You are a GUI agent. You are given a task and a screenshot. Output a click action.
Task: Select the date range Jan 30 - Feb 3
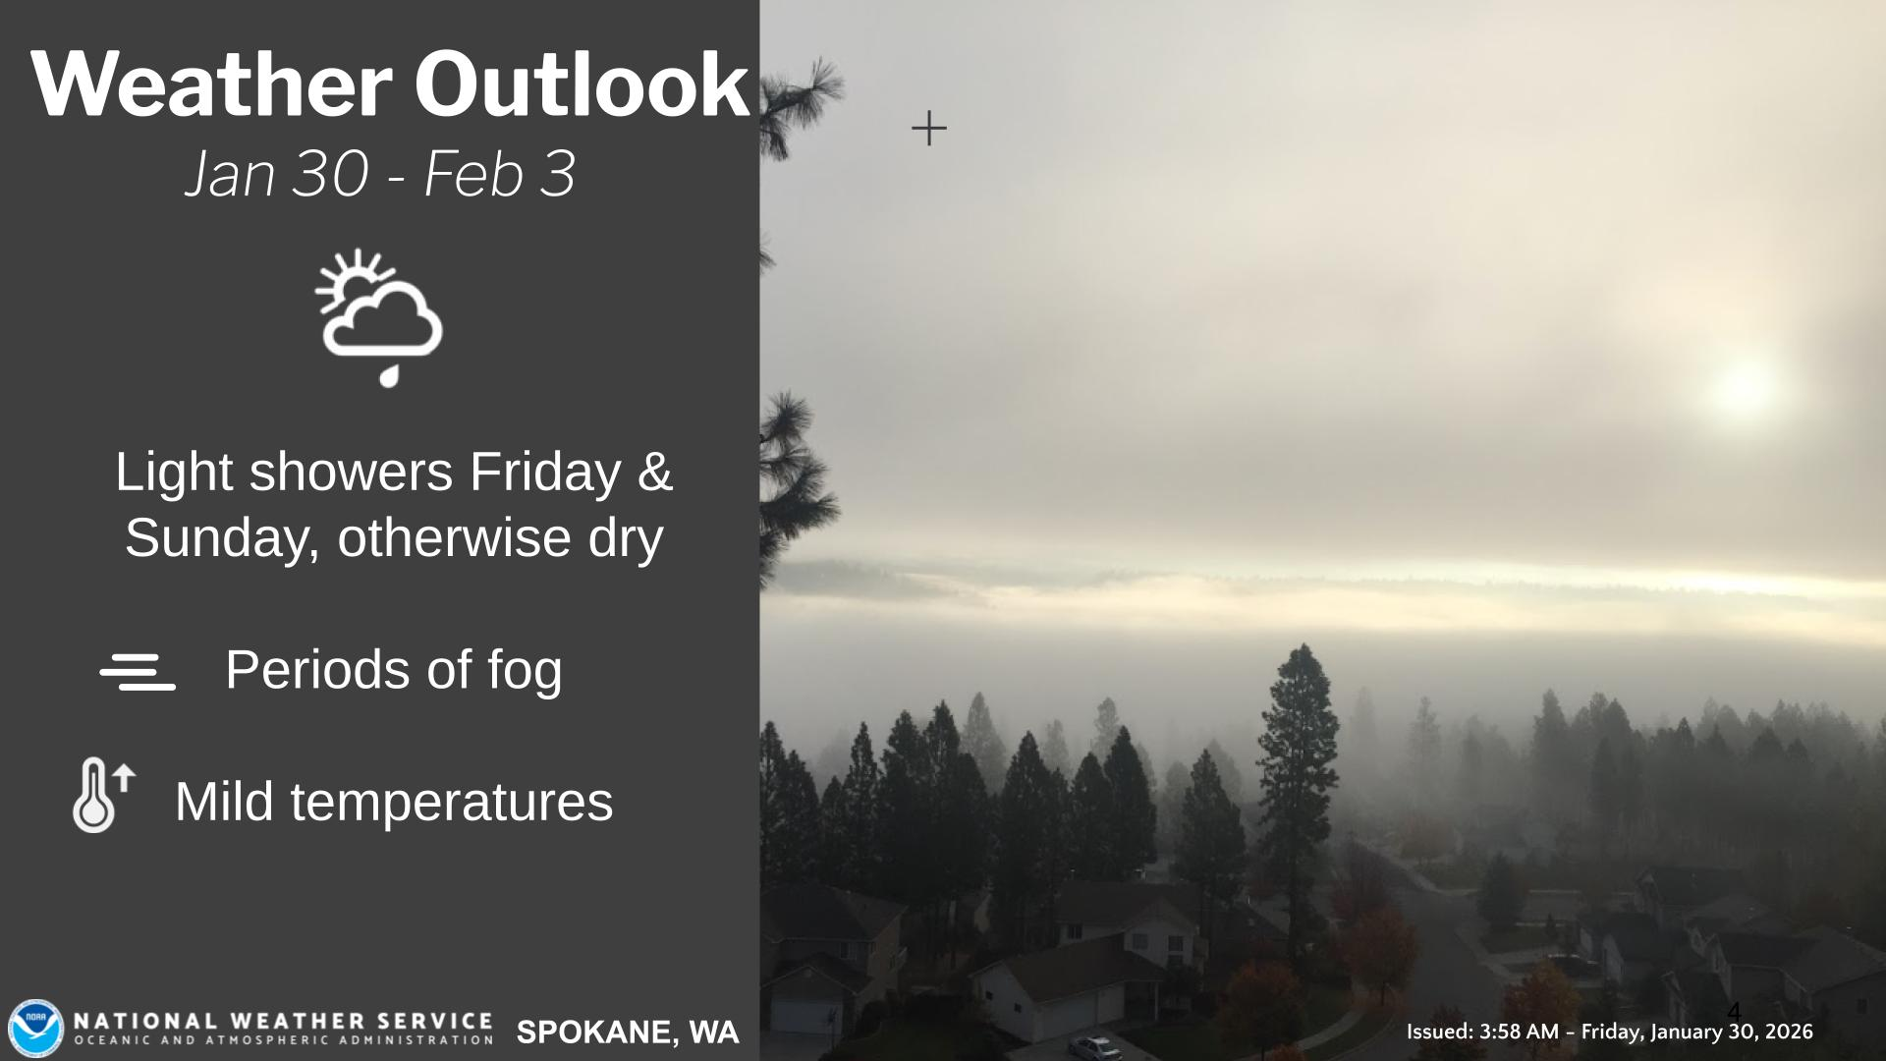pos(380,174)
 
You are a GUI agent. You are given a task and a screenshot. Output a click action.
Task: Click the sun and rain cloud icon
pos(379,316)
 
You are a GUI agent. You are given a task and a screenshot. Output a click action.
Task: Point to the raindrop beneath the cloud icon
pos(390,375)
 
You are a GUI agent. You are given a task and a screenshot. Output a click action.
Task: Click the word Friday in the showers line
pos(544,473)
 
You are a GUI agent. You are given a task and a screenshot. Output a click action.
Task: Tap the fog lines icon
pos(138,672)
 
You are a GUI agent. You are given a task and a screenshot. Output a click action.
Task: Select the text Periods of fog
pos(394,670)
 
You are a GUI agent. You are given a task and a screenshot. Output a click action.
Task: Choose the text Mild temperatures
pos(394,802)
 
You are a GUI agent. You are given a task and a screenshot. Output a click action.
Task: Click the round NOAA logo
pos(36,1029)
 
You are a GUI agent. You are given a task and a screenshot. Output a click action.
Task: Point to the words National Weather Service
pos(283,1022)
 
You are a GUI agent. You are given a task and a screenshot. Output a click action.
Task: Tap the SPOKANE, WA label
pos(628,1033)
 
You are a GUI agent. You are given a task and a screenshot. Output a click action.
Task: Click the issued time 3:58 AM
pos(1519,1032)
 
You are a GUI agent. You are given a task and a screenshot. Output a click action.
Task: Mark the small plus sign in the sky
pos(929,129)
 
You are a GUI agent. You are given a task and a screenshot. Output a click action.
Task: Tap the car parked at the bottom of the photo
pos(1093,1047)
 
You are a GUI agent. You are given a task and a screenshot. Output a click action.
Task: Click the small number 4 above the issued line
pos(1734,1012)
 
